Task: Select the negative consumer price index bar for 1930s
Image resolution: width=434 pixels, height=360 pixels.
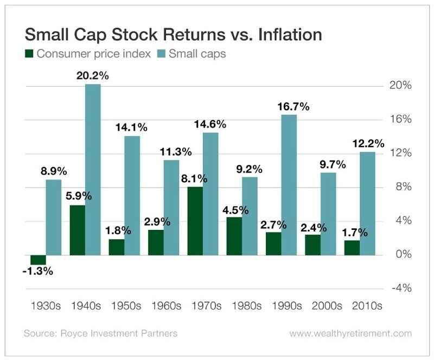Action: (x=37, y=259)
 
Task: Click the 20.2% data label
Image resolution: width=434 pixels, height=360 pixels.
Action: (x=93, y=76)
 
